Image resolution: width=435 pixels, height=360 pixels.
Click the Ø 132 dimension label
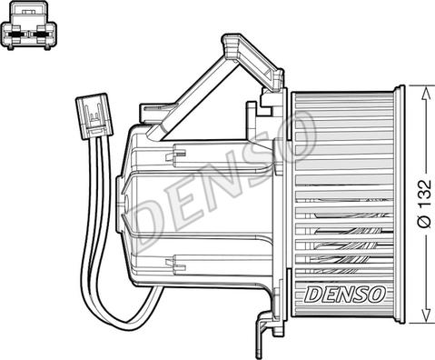pyautogui.click(x=424, y=204)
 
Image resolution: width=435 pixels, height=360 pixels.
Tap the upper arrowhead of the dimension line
pyautogui.click(x=426, y=93)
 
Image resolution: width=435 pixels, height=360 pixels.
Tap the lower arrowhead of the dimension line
pyautogui.click(x=426, y=315)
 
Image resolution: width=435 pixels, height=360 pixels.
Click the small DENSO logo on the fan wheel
pyautogui.click(x=344, y=294)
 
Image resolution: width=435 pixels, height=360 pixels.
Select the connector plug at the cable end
pyautogui.click(x=94, y=116)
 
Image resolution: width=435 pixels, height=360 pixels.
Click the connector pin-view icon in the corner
pyautogui.click(x=29, y=25)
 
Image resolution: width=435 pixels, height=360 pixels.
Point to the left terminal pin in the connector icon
pyautogui.click(x=15, y=35)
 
